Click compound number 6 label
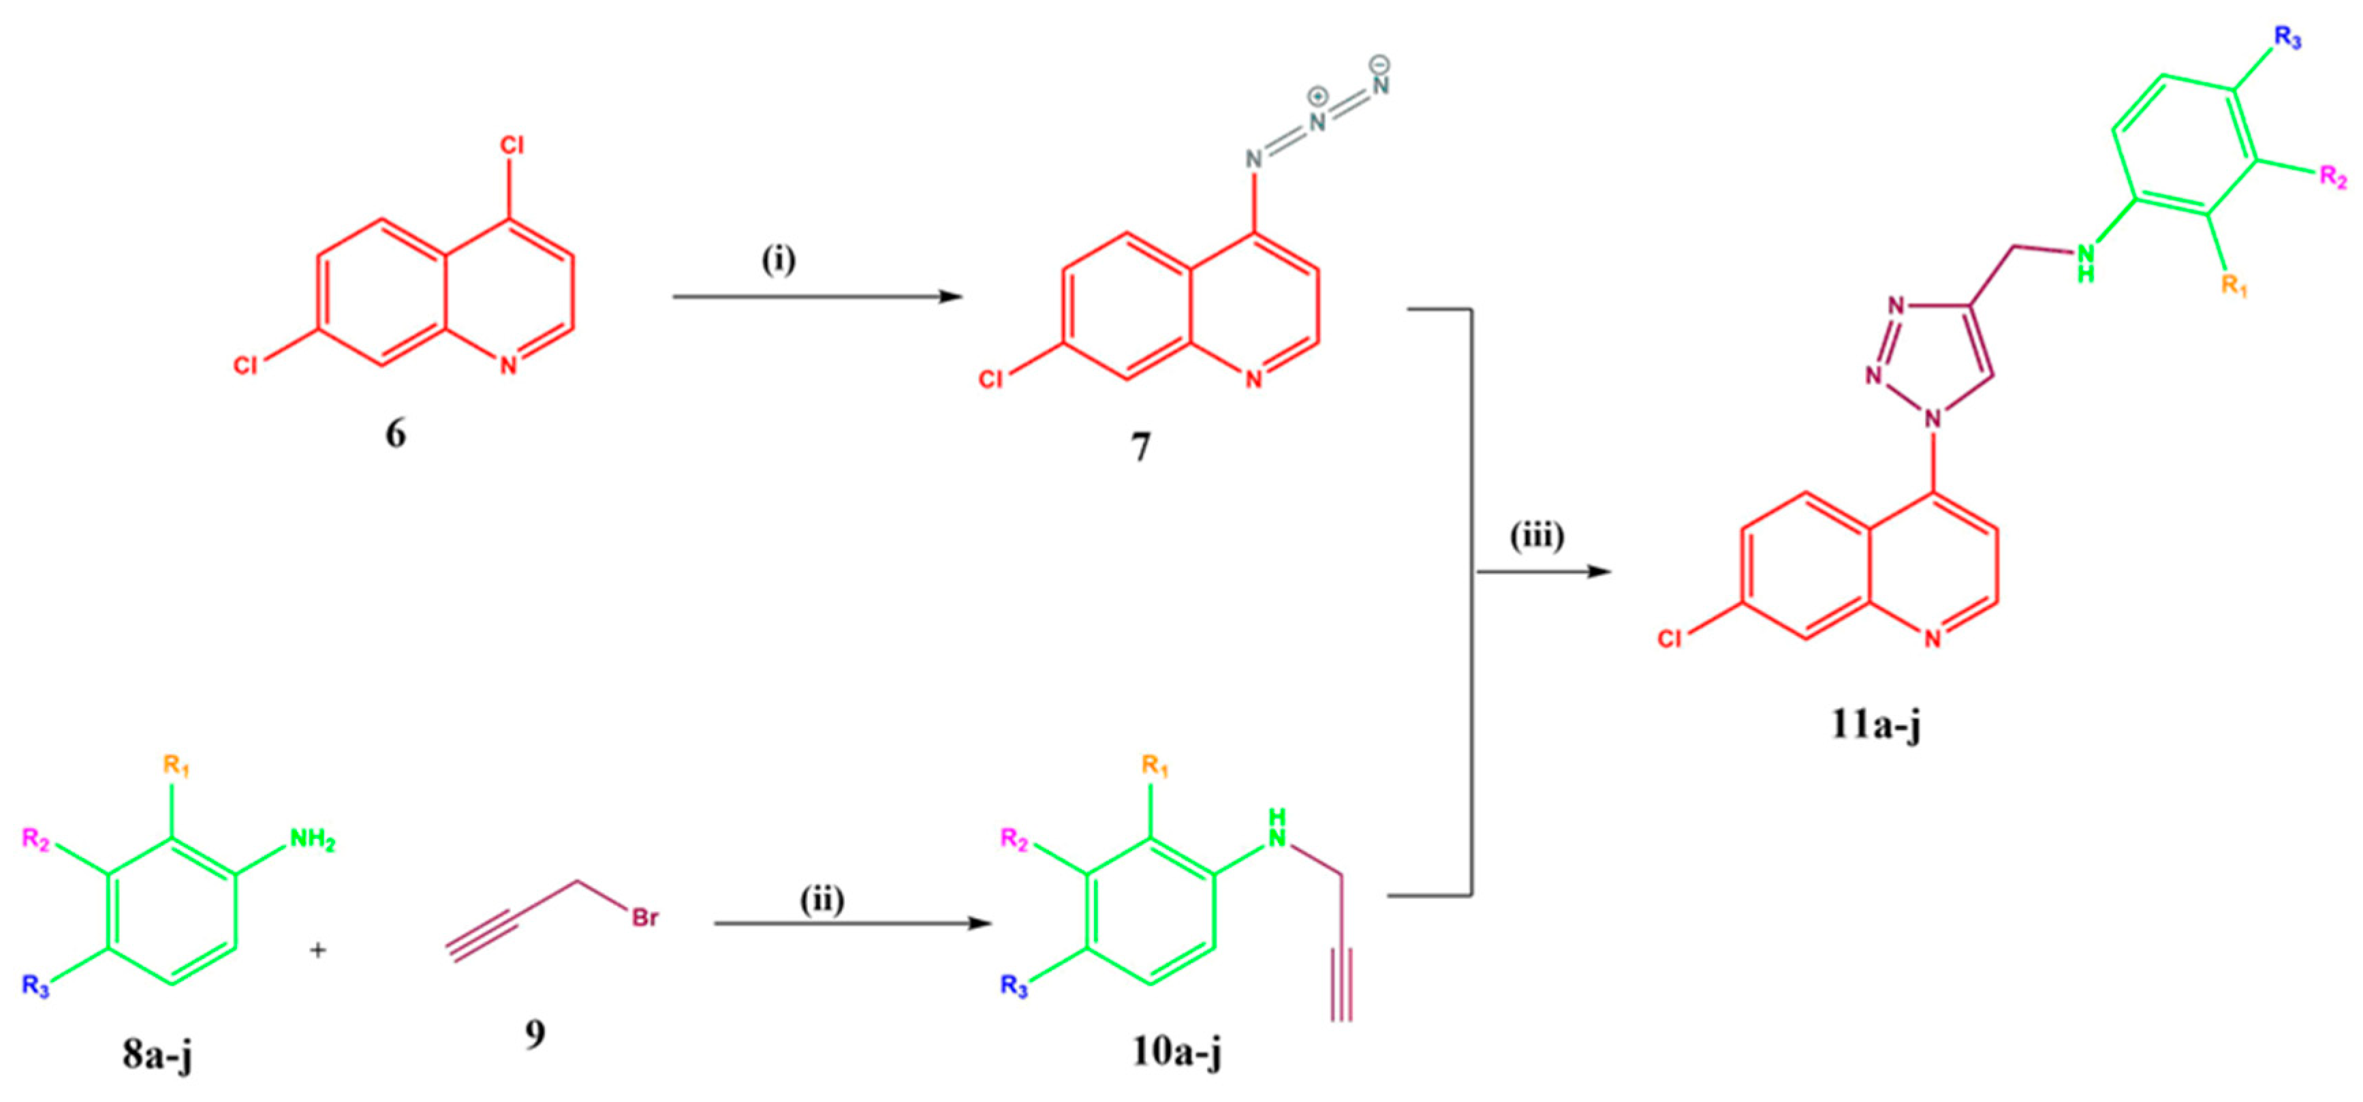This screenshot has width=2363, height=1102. [x=395, y=433]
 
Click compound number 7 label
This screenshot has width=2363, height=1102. [x=1140, y=448]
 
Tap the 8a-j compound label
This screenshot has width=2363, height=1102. [x=158, y=1055]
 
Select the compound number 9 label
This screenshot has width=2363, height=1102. [x=535, y=1034]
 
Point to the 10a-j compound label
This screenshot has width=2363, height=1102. [x=1177, y=1052]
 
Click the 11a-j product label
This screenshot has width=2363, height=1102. [x=1876, y=725]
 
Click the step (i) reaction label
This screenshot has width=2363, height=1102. [x=779, y=260]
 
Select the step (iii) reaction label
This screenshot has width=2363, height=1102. [x=1537, y=536]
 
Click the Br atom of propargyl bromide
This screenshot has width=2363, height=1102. [x=645, y=917]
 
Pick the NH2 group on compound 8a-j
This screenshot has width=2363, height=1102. [x=312, y=840]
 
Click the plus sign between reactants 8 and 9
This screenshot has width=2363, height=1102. [x=317, y=951]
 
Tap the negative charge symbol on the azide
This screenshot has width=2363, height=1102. [x=1379, y=64]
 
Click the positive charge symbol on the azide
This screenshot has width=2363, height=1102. [x=1318, y=96]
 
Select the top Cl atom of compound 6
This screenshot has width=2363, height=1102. [x=512, y=145]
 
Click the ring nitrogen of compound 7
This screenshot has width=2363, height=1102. [x=1253, y=380]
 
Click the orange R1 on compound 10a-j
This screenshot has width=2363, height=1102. [x=1155, y=765]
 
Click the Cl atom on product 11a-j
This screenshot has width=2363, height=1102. [x=1670, y=639]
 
